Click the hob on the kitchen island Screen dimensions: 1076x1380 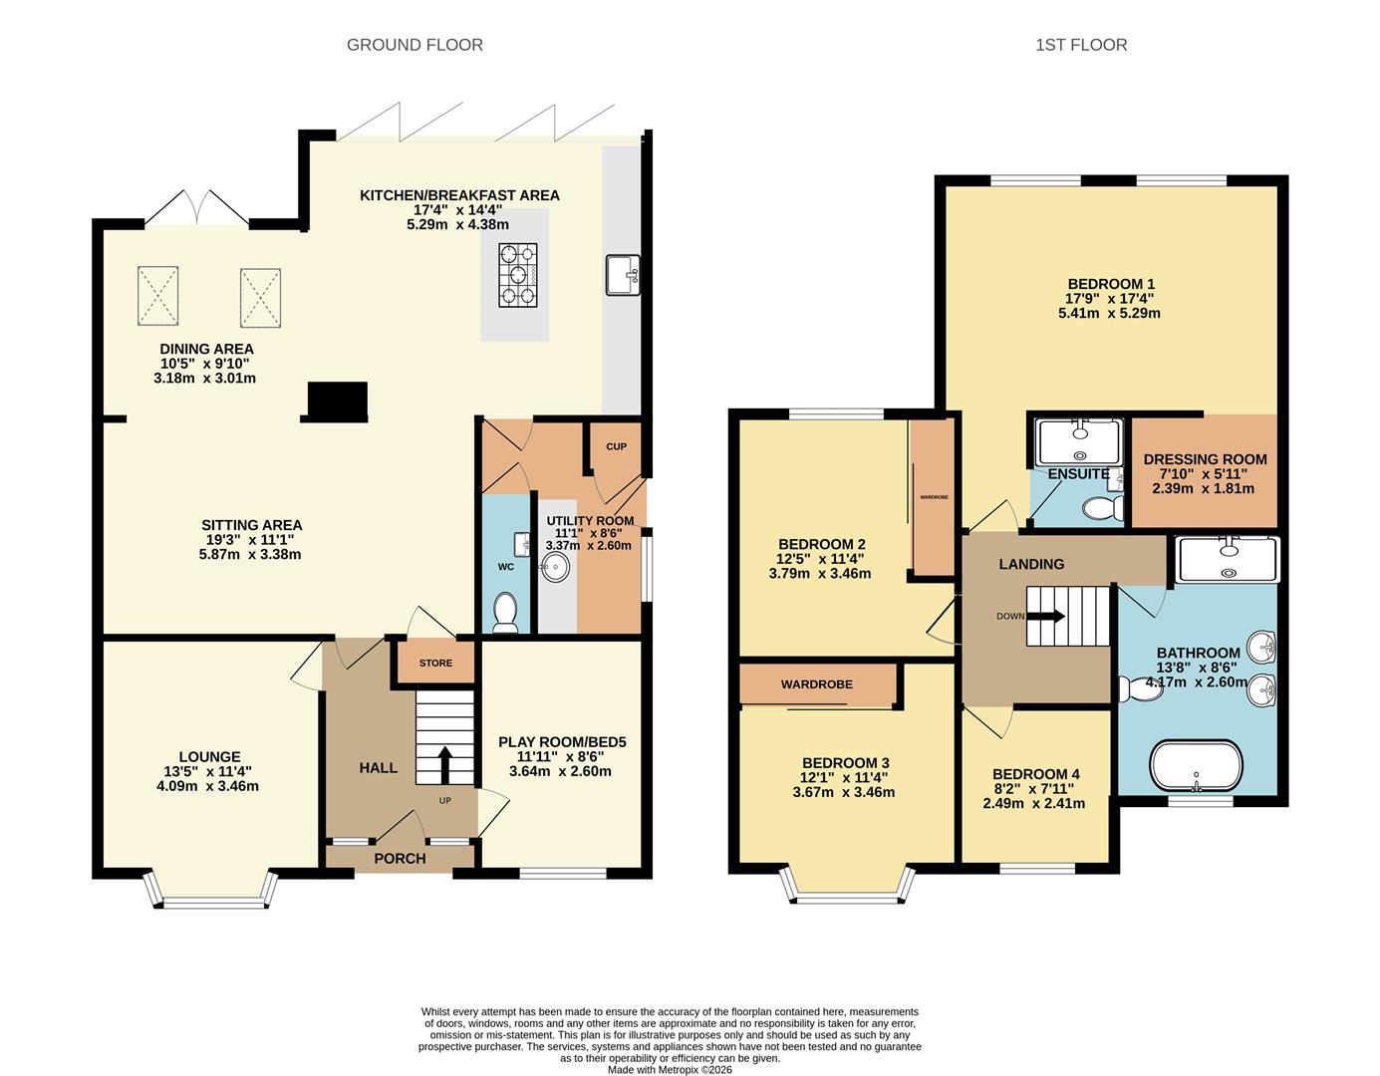click(x=517, y=274)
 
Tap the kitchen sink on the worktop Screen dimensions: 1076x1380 click(x=622, y=275)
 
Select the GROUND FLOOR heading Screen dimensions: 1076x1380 click(x=414, y=45)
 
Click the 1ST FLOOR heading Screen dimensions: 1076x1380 click(x=1081, y=45)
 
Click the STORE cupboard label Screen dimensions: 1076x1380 click(x=435, y=663)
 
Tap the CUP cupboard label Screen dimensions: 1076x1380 click(x=616, y=446)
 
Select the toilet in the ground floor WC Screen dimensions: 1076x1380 click(x=506, y=612)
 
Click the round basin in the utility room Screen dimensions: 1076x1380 click(x=555, y=568)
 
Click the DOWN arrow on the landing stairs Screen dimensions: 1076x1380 click(x=1044, y=616)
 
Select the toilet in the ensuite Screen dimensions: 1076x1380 click(x=1104, y=509)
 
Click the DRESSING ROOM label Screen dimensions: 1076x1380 click(x=1205, y=459)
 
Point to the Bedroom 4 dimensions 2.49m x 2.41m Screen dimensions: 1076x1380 click(x=1033, y=803)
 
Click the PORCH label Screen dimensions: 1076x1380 click(x=400, y=858)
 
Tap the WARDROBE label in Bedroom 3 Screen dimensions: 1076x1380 click(x=816, y=684)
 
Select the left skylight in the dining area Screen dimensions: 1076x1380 click(x=157, y=295)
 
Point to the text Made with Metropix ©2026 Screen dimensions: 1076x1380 click(x=670, y=1069)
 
